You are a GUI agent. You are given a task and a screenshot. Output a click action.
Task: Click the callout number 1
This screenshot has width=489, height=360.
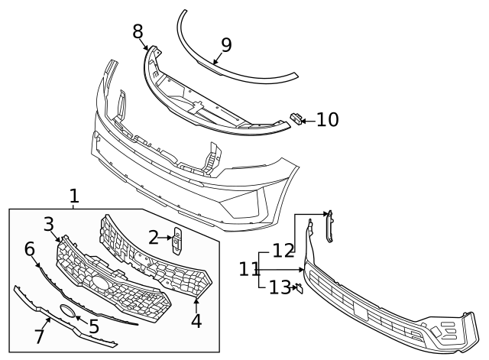74,196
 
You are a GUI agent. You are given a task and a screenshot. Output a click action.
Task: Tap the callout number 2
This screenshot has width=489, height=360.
154,238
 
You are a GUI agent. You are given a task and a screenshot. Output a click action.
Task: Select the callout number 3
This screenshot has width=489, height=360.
49,225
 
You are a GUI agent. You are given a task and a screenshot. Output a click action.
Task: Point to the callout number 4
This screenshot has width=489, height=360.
196,321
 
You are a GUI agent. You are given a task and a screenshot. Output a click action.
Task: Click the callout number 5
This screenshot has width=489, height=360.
94,326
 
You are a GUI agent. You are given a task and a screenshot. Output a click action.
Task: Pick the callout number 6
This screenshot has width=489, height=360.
29,249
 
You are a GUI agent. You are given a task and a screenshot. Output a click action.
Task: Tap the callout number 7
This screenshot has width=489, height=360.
39,336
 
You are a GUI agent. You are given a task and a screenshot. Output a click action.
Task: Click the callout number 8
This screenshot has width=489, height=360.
138,31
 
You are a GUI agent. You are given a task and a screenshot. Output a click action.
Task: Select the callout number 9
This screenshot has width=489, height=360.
226,45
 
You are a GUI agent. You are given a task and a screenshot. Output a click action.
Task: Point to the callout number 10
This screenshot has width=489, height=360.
328,120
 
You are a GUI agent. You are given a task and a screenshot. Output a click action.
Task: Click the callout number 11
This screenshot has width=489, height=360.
248,269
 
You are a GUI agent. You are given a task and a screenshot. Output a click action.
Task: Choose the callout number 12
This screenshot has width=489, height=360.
283,251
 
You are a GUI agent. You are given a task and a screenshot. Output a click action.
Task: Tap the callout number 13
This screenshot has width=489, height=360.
280,287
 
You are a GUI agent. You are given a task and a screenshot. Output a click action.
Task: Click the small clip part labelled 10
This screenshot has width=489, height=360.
296,119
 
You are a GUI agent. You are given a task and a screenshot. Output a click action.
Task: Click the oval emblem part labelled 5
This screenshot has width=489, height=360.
67,311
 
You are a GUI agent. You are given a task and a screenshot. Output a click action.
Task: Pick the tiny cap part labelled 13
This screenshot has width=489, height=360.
300,289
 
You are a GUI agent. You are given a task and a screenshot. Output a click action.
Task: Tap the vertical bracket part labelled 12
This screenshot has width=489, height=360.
329,226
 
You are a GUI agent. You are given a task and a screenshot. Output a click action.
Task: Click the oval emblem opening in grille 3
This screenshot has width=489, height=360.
100,282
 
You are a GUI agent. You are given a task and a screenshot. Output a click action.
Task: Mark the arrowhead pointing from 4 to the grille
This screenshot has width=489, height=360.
196,300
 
